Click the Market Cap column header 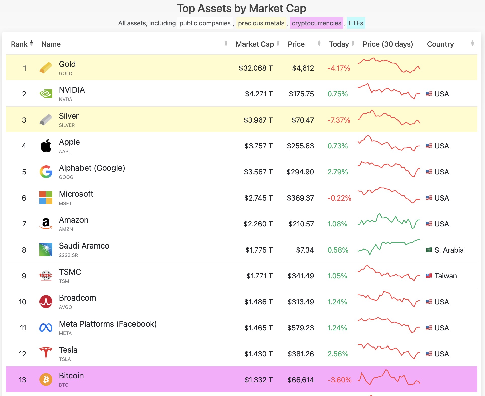pyautogui.click(x=255, y=44)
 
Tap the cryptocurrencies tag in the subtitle pyautogui.click(x=316, y=23)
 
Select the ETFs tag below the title pyautogui.click(x=356, y=23)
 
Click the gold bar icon pyautogui.click(x=46, y=68)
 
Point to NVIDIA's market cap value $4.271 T pyautogui.click(x=259, y=94)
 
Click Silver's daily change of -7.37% pyautogui.click(x=339, y=120)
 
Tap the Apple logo pyautogui.click(x=46, y=146)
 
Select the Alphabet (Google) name pyautogui.click(x=92, y=168)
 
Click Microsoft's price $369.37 pyautogui.click(x=300, y=198)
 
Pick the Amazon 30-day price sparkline pyautogui.click(x=389, y=221)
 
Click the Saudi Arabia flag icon pyautogui.click(x=429, y=250)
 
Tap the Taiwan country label pyautogui.click(x=446, y=276)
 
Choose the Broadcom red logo pyautogui.click(x=46, y=302)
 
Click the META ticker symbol pyautogui.click(x=65, y=333)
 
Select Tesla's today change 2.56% pyautogui.click(x=338, y=354)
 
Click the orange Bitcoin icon pyautogui.click(x=46, y=379)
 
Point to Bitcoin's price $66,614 pyautogui.click(x=301, y=380)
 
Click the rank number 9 pyautogui.click(x=24, y=276)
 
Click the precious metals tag pyautogui.click(x=261, y=23)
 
